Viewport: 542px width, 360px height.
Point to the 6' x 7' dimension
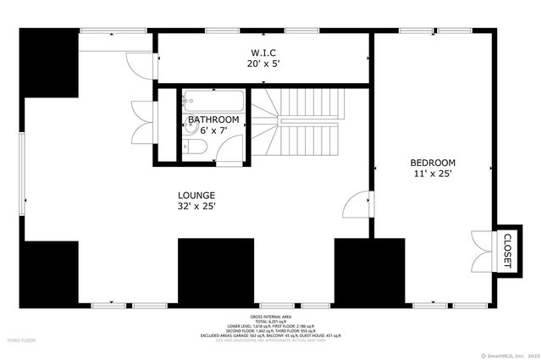pyautogui.click(x=213, y=130)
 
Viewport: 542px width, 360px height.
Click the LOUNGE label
pyautogui.click(x=196, y=194)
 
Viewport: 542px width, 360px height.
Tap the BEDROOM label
pyautogui.click(x=433, y=163)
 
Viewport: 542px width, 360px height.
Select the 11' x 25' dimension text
pyautogui.click(x=433, y=174)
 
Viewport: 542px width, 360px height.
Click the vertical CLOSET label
pyautogui.click(x=507, y=251)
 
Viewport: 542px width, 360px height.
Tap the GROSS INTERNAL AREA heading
pyautogui.click(x=270, y=315)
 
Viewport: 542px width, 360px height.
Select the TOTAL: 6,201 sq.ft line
pyautogui.click(x=270, y=320)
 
